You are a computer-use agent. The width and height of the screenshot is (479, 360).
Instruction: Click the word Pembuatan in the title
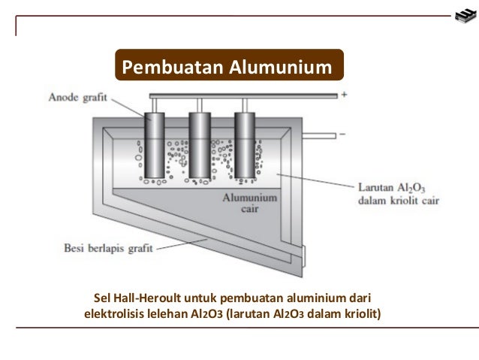[161, 68]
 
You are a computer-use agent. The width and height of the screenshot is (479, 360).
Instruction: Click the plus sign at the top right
[344, 95]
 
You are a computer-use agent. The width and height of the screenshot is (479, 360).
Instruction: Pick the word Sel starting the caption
[100, 296]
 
